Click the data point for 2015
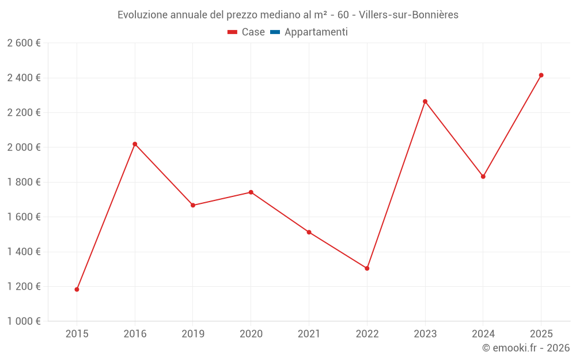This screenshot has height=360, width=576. click(x=77, y=289)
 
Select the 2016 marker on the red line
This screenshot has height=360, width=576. click(x=135, y=144)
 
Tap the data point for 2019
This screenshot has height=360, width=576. click(x=193, y=205)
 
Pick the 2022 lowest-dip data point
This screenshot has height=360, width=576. click(x=367, y=268)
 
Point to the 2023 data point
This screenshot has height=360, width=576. click(x=425, y=101)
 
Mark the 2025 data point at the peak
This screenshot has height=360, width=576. click(x=541, y=75)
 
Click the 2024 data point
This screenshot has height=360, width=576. click(x=483, y=176)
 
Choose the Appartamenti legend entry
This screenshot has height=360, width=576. click(x=316, y=32)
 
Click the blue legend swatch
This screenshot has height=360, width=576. click(x=275, y=32)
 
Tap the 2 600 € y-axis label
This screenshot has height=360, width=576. click(x=24, y=43)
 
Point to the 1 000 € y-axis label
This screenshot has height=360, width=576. click(x=24, y=321)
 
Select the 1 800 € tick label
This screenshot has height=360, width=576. click(x=24, y=182)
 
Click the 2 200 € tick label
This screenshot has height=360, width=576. click(x=24, y=113)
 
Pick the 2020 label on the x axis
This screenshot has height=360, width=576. click(x=251, y=334)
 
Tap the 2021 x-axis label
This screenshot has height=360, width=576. click(x=309, y=334)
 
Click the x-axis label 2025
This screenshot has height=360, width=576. click(x=541, y=334)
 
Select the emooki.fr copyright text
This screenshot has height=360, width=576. click(x=526, y=348)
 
